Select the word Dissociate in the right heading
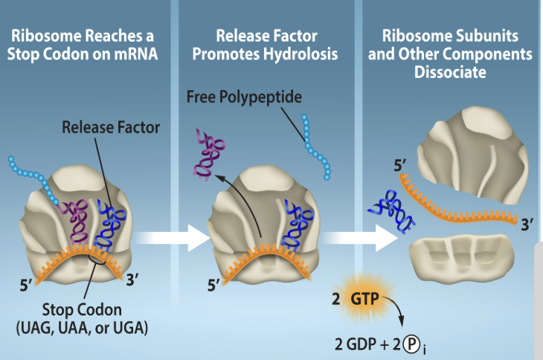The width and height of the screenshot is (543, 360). click(457, 74)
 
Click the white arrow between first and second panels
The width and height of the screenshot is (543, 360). click(180, 238)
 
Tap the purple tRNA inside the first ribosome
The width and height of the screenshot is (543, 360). click(77, 221)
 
